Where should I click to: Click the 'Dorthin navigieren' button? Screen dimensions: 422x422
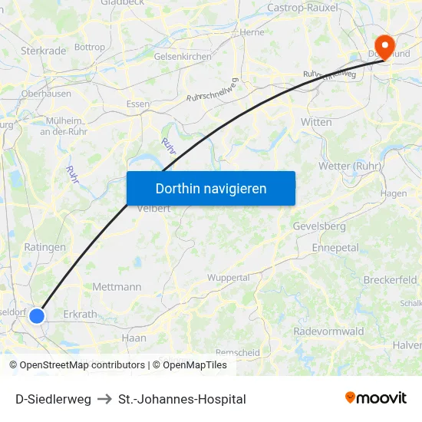pyautogui.click(x=210, y=188)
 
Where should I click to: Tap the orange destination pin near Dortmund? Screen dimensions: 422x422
pyautogui.click(x=381, y=46)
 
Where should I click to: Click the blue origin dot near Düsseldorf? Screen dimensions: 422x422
pyautogui.click(x=36, y=315)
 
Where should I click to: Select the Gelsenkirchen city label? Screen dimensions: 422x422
pyautogui.click(x=183, y=57)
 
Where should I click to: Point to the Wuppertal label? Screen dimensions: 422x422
pyautogui.click(x=229, y=277)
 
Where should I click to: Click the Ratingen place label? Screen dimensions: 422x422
pyautogui.click(x=45, y=247)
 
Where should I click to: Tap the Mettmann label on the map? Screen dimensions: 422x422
pyautogui.click(x=117, y=287)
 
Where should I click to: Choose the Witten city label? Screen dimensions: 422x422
pyautogui.click(x=316, y=122)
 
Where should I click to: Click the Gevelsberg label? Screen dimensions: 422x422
pyautogui.click(x=319, y=226)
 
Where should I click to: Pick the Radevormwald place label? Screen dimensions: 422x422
pyautogui.click(x=328, y=331)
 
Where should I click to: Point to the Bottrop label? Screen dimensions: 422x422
pyautogui.click(x=91, y=47)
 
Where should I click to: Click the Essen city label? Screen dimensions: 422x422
pyautogui.click(x=138, y=104)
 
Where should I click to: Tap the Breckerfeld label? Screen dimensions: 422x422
pyautogui.click(x=391, y=280)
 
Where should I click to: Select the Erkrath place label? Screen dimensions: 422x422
pyautogui.click(x=81, y=314)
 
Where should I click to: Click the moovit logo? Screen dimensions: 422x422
pyautogui.click(x=375, y=397)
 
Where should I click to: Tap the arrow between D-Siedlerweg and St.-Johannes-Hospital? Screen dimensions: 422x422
pyautogui.click(x=104, y=399)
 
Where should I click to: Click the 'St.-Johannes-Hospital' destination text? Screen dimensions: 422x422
pyautogui.click(x=182, y=399)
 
